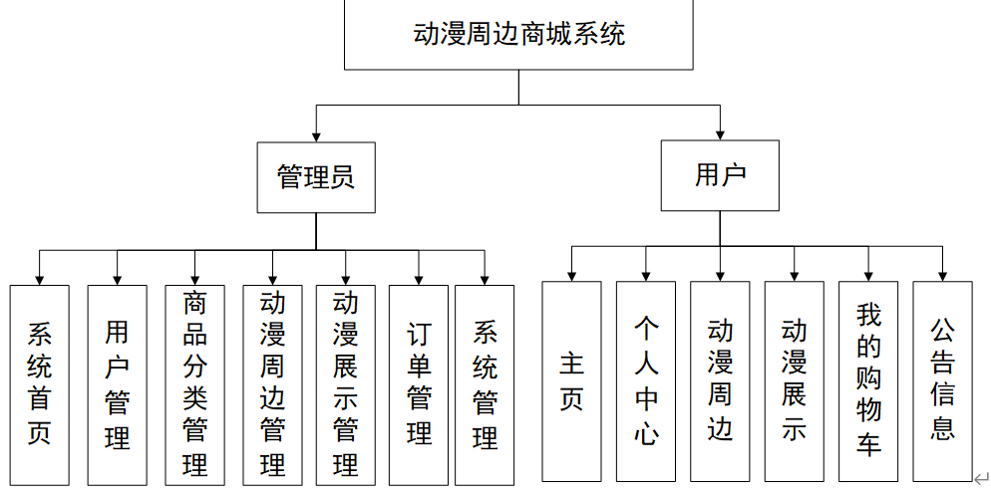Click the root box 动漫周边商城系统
(x=518, y=34)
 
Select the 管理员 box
(x=316, y=177)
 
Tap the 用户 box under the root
(x=720, y=175)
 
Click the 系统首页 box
(x=39, y=385)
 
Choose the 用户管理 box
(x=117, y=385)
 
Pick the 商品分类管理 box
(x=194, y=385)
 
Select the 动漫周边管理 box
(x=272, y=385)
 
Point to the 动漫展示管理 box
(x=346, y=385)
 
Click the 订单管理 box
(x=419, y=385)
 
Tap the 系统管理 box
(x=485, y=385)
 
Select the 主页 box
(x=571, y=381)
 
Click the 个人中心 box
(x=646, y=381)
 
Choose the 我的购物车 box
(x=868, y=381)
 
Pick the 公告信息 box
(x=942, y=381)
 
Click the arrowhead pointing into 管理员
(x=316, y=137)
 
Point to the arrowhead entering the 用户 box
(x=720, y=135)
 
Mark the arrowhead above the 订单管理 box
(x=419, y=280)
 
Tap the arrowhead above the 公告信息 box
(x=942, y=277)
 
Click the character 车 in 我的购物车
(x=868, y=444)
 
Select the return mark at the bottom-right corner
(x=982, y=478)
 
